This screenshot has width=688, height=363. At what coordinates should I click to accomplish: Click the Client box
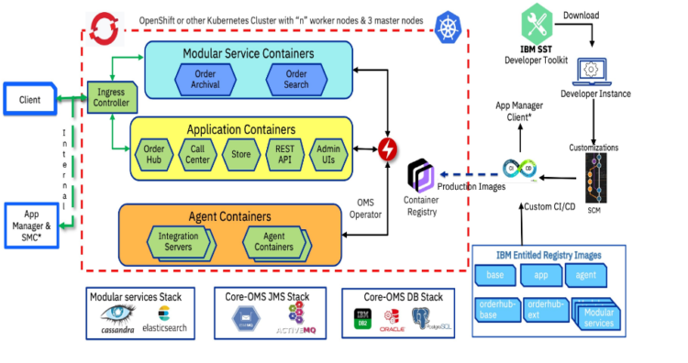point(29,98)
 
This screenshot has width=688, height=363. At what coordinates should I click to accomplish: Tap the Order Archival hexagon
point(206,79)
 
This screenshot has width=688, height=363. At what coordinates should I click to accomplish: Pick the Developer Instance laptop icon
point(592,70)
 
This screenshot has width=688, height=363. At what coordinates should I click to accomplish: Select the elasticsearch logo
point(166,315)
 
